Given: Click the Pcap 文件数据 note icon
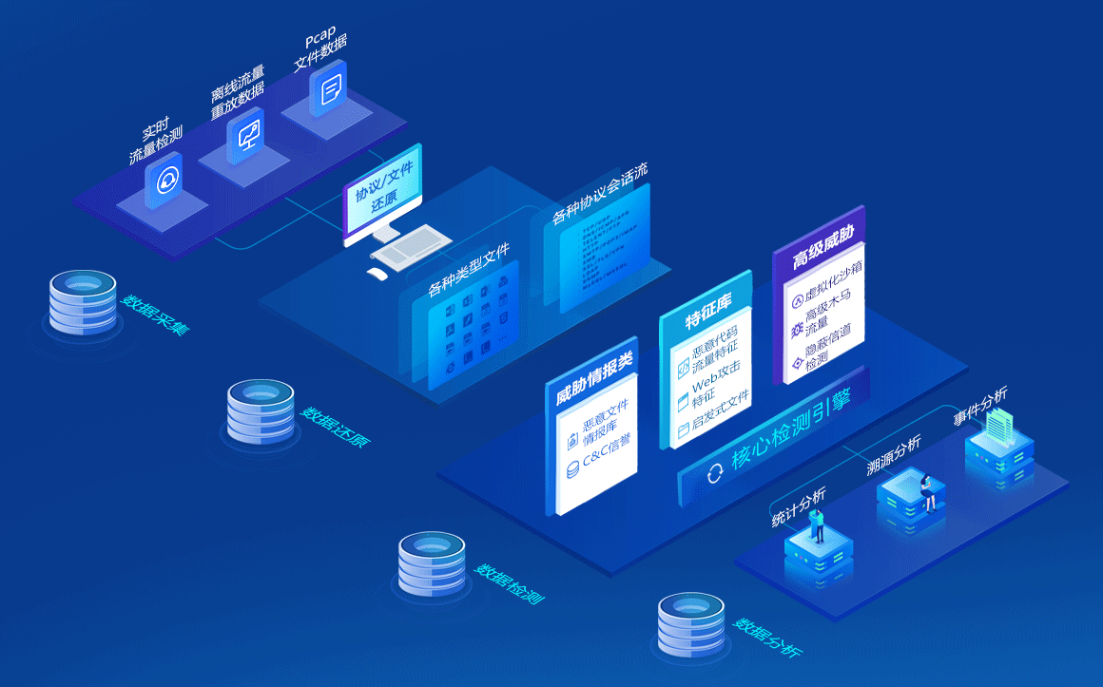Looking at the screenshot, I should [x=329, y=90].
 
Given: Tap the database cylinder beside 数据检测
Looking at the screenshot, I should [x=432, y=563].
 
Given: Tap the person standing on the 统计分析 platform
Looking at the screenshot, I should [x=817, y=522].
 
